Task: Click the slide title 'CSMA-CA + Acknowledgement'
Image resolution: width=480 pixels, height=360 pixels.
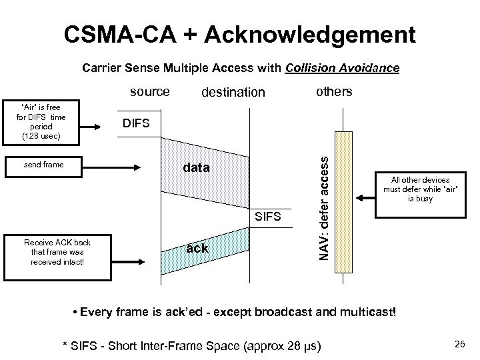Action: (x=239, y=34)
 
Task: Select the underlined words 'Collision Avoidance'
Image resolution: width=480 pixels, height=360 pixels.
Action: (x=342, y=68)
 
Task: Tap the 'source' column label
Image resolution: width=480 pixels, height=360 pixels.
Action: (x=149, y=91)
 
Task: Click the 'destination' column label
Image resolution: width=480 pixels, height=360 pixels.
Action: (x=233, y=92)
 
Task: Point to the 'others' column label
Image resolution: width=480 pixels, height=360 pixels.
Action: (x=333, y=91)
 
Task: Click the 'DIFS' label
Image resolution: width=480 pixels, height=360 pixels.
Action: (x=136, y=123)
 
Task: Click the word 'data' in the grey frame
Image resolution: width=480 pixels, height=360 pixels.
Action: (x=196, y=168)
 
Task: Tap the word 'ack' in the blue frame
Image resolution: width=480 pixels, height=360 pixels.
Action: (x=197, y=249)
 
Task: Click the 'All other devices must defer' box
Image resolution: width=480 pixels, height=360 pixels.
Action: (x=420, y=189)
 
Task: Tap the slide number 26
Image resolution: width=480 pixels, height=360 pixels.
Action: (x=459, y=344)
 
